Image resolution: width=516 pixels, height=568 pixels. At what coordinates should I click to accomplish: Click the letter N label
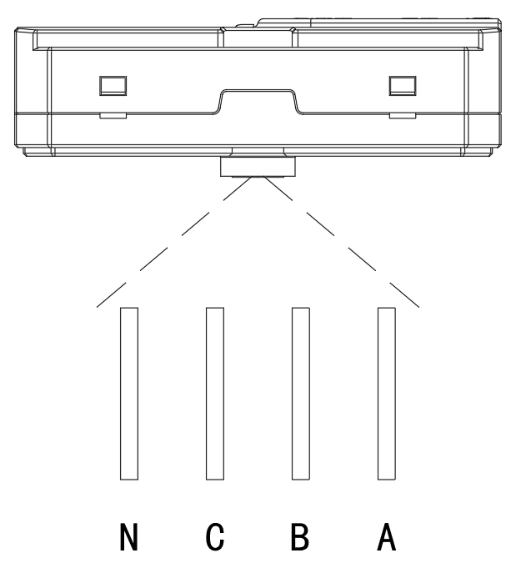point(129,536)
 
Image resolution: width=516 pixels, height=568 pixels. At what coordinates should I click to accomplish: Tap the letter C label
point(215,536)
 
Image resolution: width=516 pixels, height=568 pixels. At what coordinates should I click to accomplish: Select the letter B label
point(300,536)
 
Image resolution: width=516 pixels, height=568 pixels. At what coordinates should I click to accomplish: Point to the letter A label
point(386,536)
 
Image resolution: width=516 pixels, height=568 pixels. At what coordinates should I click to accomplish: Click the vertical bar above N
point(129,394)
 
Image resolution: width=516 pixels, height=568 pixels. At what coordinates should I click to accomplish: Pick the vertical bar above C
point(215,394)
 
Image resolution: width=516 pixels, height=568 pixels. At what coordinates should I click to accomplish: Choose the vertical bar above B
point(301,394)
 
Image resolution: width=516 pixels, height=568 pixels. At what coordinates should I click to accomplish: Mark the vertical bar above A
point(387,394)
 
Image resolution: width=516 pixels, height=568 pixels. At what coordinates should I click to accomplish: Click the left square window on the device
point(113,86)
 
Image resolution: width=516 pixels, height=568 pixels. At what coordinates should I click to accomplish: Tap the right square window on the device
point(403,86)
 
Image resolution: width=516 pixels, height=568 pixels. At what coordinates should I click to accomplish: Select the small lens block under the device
point(258,167)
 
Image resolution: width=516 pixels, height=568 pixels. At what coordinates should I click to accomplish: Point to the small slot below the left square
point(113,116)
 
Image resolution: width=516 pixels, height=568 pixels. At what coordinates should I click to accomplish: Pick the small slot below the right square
point(403,116)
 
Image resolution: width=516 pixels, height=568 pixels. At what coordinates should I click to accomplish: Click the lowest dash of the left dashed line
point(111,295)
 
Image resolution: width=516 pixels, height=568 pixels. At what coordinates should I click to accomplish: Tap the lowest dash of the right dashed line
point(404,295)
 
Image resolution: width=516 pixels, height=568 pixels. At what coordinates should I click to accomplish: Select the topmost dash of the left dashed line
point(238,188)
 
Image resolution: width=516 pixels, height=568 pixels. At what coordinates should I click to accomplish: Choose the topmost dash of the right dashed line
point(278,188)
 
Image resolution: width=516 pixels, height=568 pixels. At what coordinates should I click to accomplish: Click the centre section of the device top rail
point(258,38)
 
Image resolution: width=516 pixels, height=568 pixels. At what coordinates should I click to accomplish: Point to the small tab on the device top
point(246,26)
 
